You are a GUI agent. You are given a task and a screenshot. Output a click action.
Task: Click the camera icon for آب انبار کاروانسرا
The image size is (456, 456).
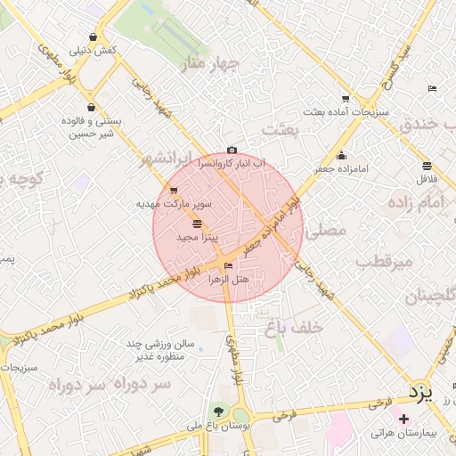pyautogui.click(x=232, y=151)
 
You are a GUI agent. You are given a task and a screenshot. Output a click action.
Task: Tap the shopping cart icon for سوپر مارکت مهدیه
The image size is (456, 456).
pyautogui.click(x=174, y=190)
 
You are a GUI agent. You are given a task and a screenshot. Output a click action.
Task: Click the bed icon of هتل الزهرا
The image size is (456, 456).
pyautogui.click(x=229, y=265)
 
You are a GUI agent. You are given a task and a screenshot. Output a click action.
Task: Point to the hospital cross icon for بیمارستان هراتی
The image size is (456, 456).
pyautogui.click(x=404, y=419)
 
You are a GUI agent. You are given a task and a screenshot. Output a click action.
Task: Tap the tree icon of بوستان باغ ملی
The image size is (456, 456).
pyautogui.click(x=219, y=411)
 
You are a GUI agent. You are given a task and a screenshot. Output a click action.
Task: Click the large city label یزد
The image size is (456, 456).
pyautogui.click(x=419, y=392)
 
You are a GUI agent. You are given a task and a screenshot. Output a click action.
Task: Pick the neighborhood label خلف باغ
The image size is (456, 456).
pyautogui.click(x=292, y=328)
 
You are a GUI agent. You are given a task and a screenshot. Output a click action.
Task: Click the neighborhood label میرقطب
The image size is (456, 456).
pyautogui.click(x=385, y=262)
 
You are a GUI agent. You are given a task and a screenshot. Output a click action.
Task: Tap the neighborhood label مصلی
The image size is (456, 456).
pyautogui.click(x=325, y=230)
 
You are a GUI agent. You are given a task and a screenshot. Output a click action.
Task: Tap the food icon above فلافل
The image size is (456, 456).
pyautogui.click(x=427, y=166)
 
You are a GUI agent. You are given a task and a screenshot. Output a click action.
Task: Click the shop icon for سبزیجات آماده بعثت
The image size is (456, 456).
pyautogui.click(x=345, y=99)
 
